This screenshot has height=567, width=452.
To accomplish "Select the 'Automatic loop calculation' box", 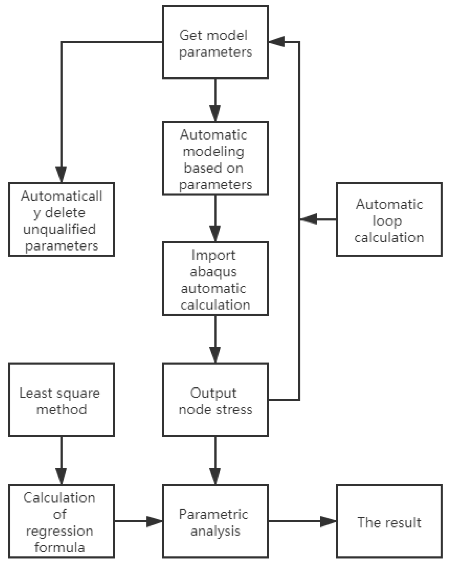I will pos(389,219).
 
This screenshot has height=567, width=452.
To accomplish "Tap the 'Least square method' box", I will pos(61,400).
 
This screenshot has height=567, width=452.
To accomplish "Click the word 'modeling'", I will pos(213,152).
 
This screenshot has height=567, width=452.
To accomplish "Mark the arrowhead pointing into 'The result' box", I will pos(328,522).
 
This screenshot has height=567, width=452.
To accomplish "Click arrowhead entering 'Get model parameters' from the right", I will pos(276,42).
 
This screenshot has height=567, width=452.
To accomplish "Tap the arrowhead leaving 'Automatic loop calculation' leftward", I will pos(308,219).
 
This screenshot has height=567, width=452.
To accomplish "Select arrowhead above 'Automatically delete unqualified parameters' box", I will pos(61,174).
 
